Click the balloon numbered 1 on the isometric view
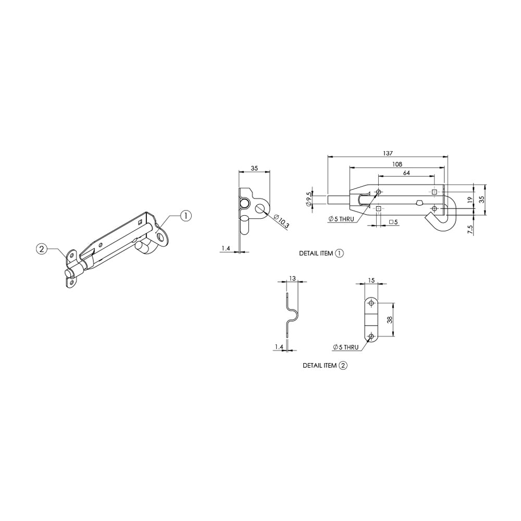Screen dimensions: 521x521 pos(187,215)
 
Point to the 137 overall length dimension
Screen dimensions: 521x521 pos(387,153)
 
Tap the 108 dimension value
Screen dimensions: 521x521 pos(397,164)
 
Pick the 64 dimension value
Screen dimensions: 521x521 pos(406,172)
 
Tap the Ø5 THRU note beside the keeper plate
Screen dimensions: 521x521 pos(346,347)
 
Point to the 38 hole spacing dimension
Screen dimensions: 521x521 pos(391,320)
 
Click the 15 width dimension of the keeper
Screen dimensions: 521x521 pos(371,280)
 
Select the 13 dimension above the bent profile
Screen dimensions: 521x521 pos(293,279)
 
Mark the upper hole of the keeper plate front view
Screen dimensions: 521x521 pos(371,303)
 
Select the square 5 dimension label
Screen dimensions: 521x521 pos(394,222)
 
